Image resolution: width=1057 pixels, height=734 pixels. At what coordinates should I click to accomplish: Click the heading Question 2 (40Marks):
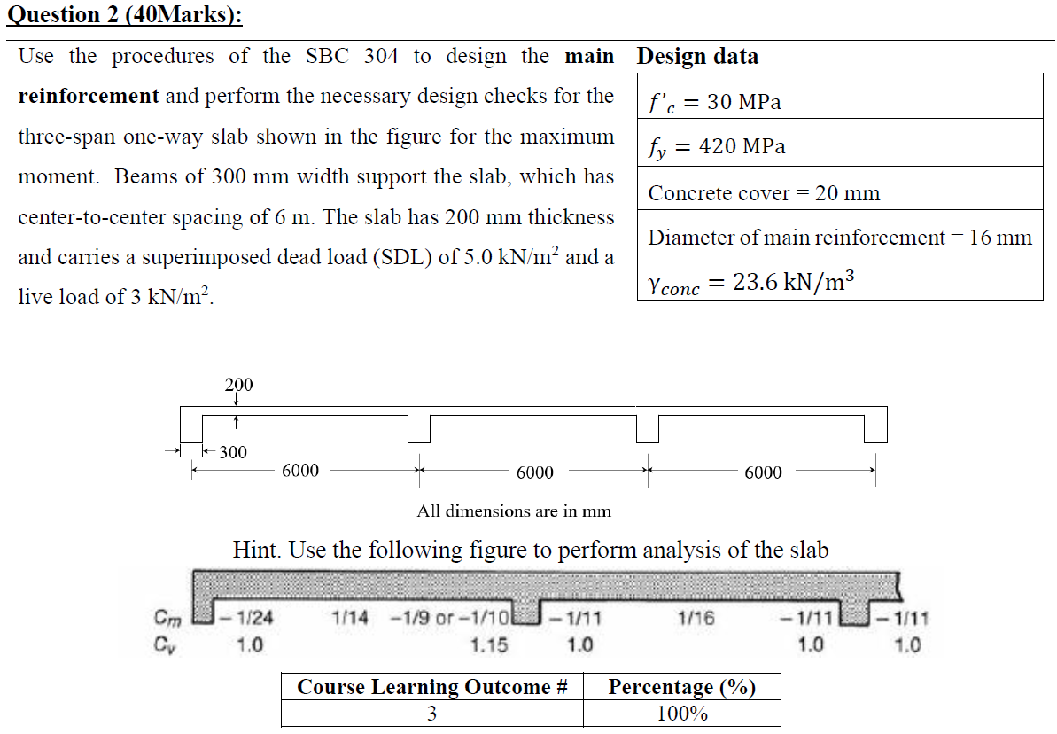click(124, 16)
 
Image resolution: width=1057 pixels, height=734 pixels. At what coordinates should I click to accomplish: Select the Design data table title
click(697, 57)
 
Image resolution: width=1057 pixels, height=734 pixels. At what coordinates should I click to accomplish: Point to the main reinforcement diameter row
click(839, 238)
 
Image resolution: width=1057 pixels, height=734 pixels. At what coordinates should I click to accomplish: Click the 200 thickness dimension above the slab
click(237, 385)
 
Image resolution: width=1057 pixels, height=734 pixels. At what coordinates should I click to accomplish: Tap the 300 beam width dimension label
click(233, 452)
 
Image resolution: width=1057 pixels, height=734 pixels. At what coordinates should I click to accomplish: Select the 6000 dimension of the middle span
click(534, 472)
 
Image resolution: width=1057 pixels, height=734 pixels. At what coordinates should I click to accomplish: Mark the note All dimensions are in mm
click(514, 511)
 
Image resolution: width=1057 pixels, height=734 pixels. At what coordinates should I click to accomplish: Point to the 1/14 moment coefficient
click(351, 619)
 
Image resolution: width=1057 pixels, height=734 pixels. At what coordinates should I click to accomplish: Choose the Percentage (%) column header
click(681, 687)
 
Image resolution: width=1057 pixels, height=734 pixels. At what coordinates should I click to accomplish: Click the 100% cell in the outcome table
click(681, 714)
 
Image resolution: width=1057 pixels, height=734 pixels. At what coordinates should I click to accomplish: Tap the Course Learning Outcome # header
click(431, 687)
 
